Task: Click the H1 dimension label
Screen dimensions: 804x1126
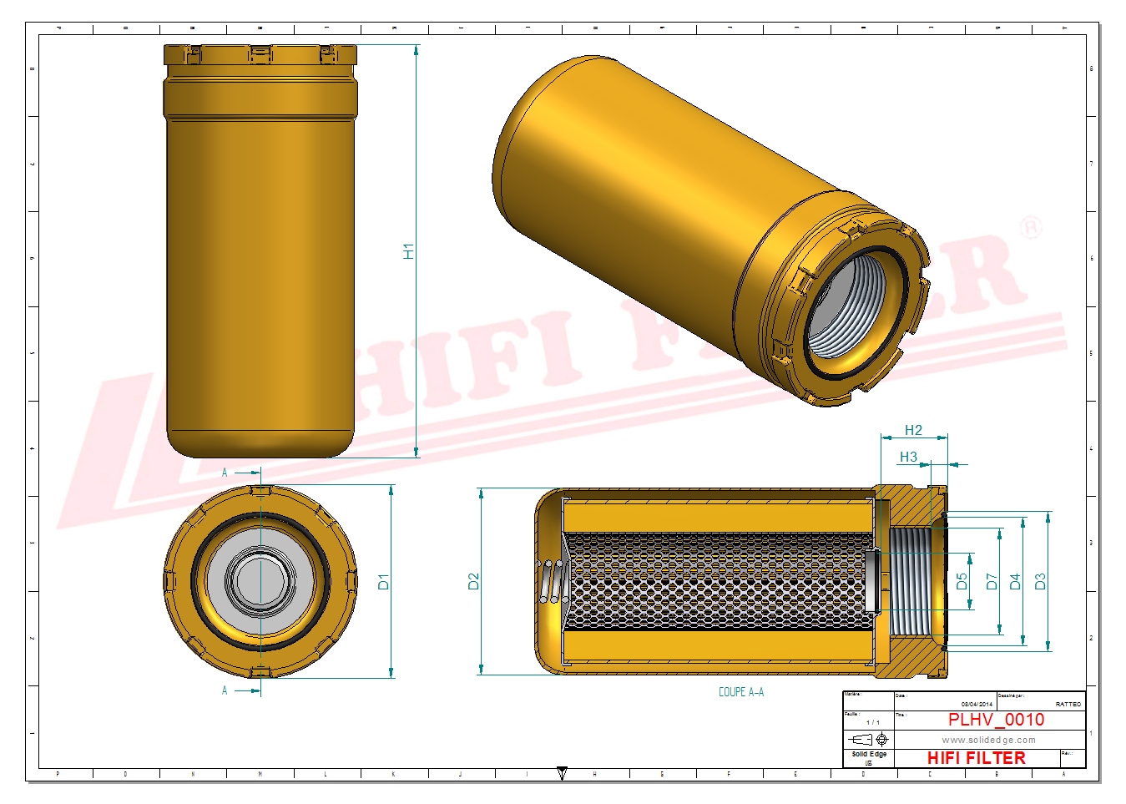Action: pos(408,251)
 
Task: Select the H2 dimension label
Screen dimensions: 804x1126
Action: pos(913,430)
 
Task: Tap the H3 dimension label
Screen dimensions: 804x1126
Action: pos(908,457)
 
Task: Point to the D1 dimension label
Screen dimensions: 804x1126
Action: pos(384,581)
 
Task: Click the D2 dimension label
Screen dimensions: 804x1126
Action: pos(474,581)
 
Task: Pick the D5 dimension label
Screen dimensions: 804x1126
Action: pos(962,581)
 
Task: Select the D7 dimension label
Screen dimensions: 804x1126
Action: pos(992,581)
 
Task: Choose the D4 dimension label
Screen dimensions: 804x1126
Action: pos(1015,581)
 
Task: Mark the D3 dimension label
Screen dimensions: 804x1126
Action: pos(1040,581)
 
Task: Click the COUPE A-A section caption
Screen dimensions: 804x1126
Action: pos(740,692)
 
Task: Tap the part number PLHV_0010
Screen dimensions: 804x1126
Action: pos(996,720)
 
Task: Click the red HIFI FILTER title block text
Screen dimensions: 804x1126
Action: pos(976,758)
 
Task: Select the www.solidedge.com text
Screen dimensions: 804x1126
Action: pos(988,740)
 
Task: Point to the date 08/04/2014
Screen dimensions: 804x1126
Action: pos(977,705)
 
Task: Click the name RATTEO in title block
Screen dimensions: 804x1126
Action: pos(1068,705)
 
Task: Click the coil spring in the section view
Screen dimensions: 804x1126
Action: pos(552,581)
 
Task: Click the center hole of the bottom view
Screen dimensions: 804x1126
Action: pos(260,581)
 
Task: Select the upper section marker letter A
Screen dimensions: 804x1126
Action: pos(225,473)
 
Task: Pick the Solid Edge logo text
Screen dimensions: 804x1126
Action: pos(869,754)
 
